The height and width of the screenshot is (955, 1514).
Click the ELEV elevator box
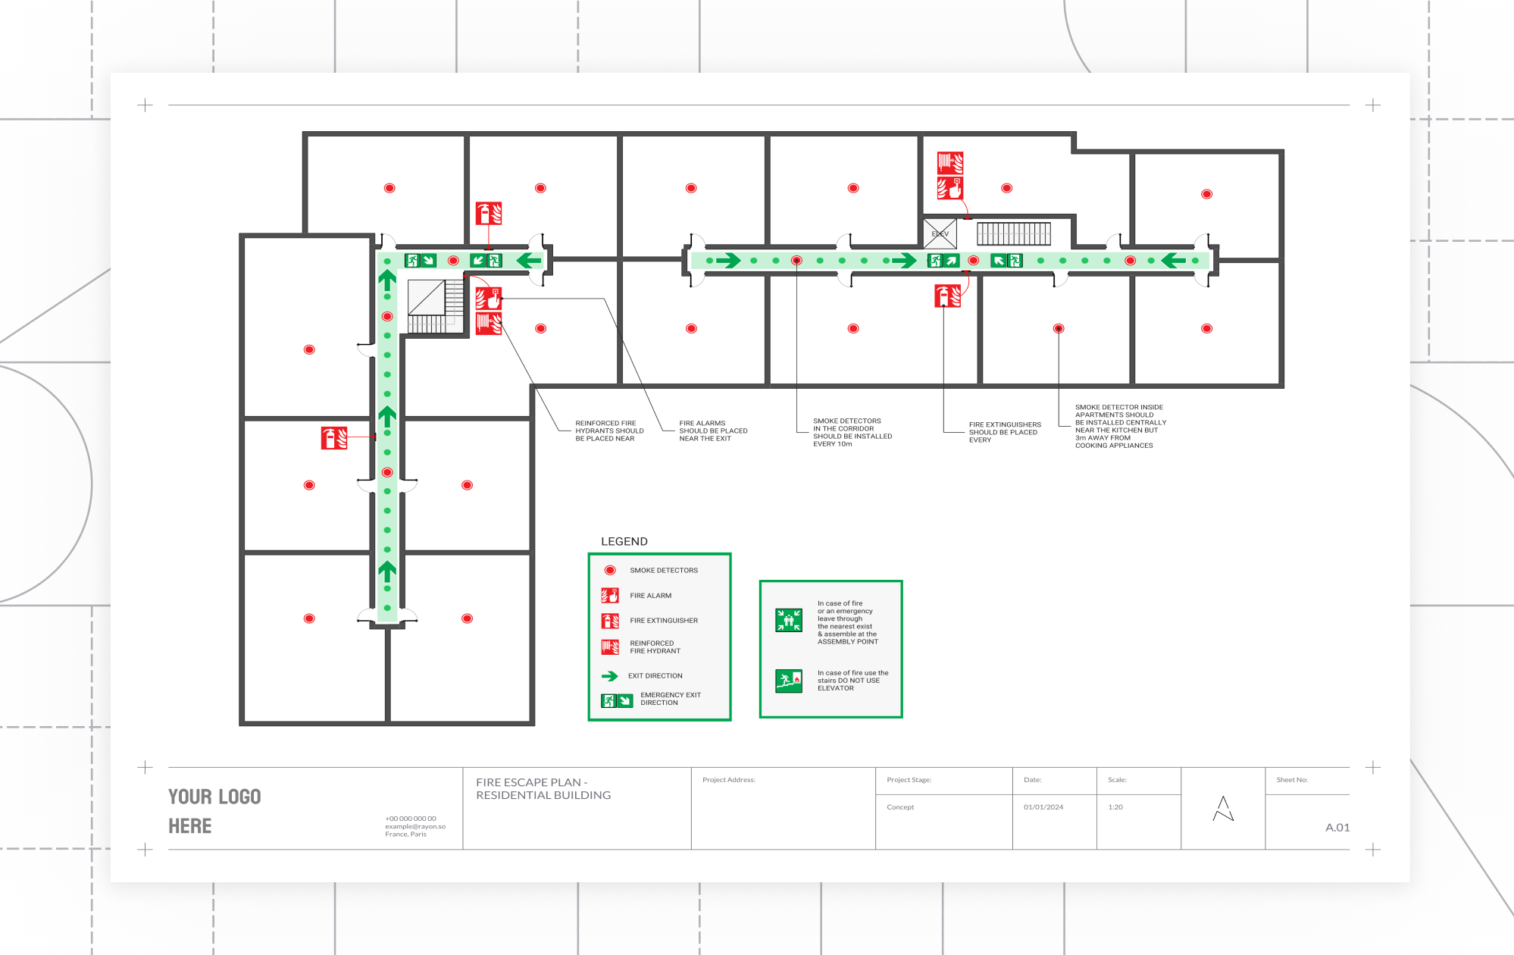(940, 233)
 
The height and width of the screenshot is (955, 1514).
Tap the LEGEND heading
(624, 541)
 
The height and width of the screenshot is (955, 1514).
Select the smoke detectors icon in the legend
(610, 570)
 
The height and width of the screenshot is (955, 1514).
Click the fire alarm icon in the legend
(610, 596)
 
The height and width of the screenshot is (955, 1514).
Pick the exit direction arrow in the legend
(610, 675)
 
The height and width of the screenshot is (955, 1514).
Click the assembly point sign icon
(788, 620)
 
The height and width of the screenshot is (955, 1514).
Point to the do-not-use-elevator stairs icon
(788, 680)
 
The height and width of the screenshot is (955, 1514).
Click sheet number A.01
(1337, 827)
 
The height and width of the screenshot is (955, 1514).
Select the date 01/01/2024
(1043, 807)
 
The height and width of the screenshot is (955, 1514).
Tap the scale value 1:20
(1115, 807)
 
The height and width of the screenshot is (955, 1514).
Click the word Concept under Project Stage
(900, 807)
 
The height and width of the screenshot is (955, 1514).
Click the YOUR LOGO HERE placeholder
(214, 811)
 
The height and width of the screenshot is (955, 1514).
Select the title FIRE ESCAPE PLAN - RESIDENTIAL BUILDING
(543, 788)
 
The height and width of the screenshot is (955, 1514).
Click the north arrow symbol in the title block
(1222, 809)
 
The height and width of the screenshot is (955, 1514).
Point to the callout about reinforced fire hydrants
(608, 431)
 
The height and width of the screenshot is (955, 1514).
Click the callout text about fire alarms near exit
(712, 431)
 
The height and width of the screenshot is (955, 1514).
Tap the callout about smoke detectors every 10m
(852, 432)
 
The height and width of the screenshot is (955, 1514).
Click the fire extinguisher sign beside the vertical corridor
(334, 438)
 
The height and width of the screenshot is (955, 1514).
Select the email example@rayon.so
(414, 826)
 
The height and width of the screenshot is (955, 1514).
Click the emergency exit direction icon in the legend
(617, 700)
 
